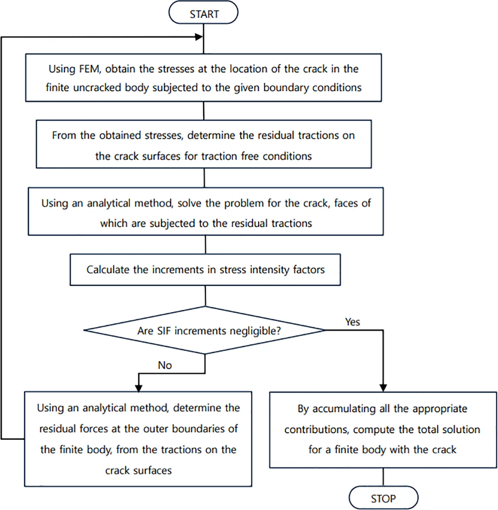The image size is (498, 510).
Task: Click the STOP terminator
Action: [383, 498]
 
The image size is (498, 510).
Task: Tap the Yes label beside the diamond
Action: [352, 322]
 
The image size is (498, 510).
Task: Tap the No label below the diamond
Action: [165, 365]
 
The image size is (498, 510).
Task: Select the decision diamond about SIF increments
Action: [205, 330]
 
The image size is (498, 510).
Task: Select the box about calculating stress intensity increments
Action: [205, 270]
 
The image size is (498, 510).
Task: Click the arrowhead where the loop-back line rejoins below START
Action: [199, 37]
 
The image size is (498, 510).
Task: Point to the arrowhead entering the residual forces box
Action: [139, 388]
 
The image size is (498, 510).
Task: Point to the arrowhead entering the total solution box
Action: [383, 388]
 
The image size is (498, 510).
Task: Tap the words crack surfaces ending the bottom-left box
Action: [138, 470]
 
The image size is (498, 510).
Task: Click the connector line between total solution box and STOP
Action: [383, 477]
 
